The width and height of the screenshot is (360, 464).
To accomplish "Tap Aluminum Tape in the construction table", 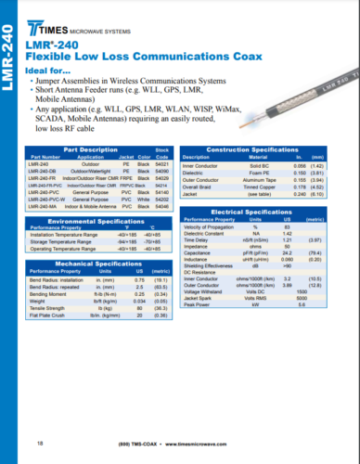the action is (239, 178).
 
